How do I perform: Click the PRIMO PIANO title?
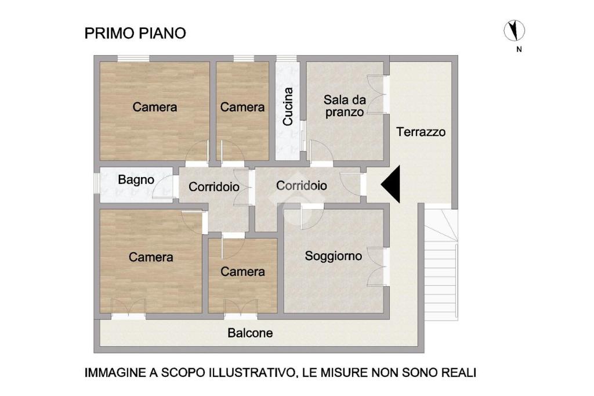point(135,33)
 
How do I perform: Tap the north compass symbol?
point(514,30)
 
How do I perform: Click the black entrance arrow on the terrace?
point(390,184)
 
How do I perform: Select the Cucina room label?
point(288,107)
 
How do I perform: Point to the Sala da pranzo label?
point(345,106)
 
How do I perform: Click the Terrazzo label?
point(421,132)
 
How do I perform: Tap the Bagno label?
point(136,180)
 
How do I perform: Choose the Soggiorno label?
point(334,256)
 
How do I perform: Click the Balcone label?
point(250,333)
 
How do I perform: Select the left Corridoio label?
point(213,186)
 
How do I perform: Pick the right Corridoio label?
point(302,185)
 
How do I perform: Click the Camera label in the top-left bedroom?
point(154,107)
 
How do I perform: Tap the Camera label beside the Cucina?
point(242,107)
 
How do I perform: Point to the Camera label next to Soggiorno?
point(242,272)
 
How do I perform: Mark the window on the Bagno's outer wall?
point(97,184)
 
